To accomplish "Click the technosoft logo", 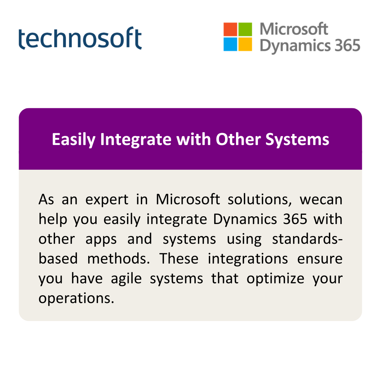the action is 80,38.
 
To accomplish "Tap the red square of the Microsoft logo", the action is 230,29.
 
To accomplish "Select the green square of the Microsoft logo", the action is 245,29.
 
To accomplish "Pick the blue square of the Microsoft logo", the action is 230,44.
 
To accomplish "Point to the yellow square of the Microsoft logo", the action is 245,44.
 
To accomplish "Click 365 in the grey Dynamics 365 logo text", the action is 347,46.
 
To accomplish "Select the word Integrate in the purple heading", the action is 136,140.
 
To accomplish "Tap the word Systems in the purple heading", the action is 297,140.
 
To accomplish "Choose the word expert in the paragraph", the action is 107,200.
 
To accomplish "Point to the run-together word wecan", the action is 321,200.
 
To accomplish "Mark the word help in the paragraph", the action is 53,219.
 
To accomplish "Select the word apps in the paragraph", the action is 101,240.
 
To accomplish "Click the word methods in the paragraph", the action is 119,259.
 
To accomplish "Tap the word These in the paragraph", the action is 179,259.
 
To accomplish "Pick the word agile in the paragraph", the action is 126,279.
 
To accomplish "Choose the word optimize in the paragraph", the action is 275,279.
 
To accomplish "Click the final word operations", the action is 76,298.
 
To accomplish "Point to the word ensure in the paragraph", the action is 320,259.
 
